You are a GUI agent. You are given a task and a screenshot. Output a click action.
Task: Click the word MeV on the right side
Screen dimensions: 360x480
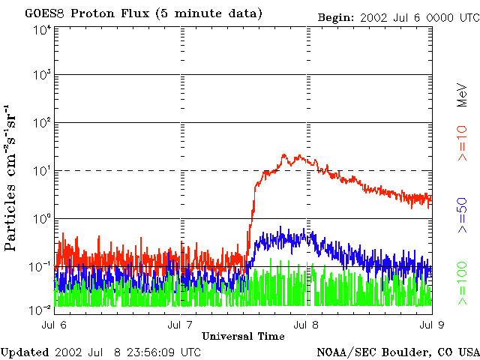click(x=463, y=95)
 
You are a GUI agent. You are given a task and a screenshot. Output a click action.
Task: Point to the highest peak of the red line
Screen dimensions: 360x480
click(x=284, y=154)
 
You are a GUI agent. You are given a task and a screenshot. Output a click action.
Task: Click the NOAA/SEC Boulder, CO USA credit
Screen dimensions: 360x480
click(x=397, y=352)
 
